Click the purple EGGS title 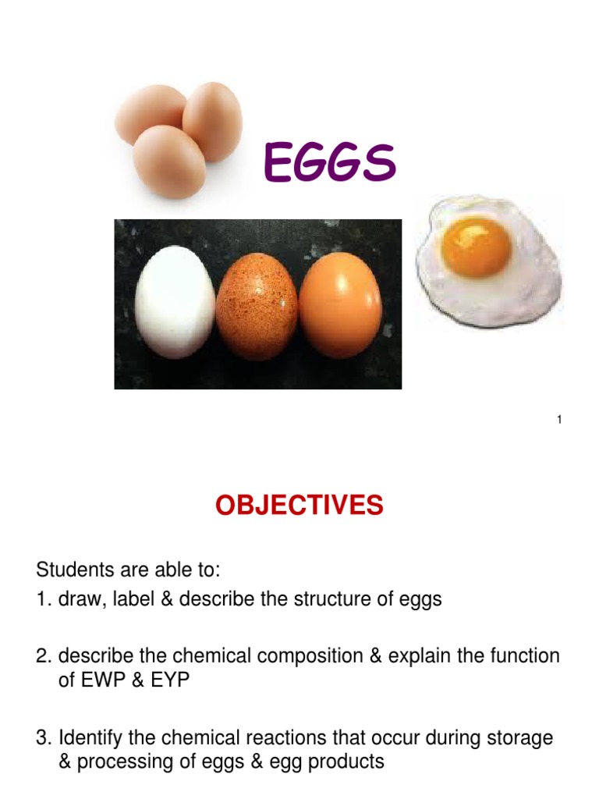[330, 163]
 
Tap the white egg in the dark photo [175, 302]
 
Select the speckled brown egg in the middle [257, 304]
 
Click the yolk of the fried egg [476, 243]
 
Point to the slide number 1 [559, 421]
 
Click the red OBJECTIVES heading [299, 506]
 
